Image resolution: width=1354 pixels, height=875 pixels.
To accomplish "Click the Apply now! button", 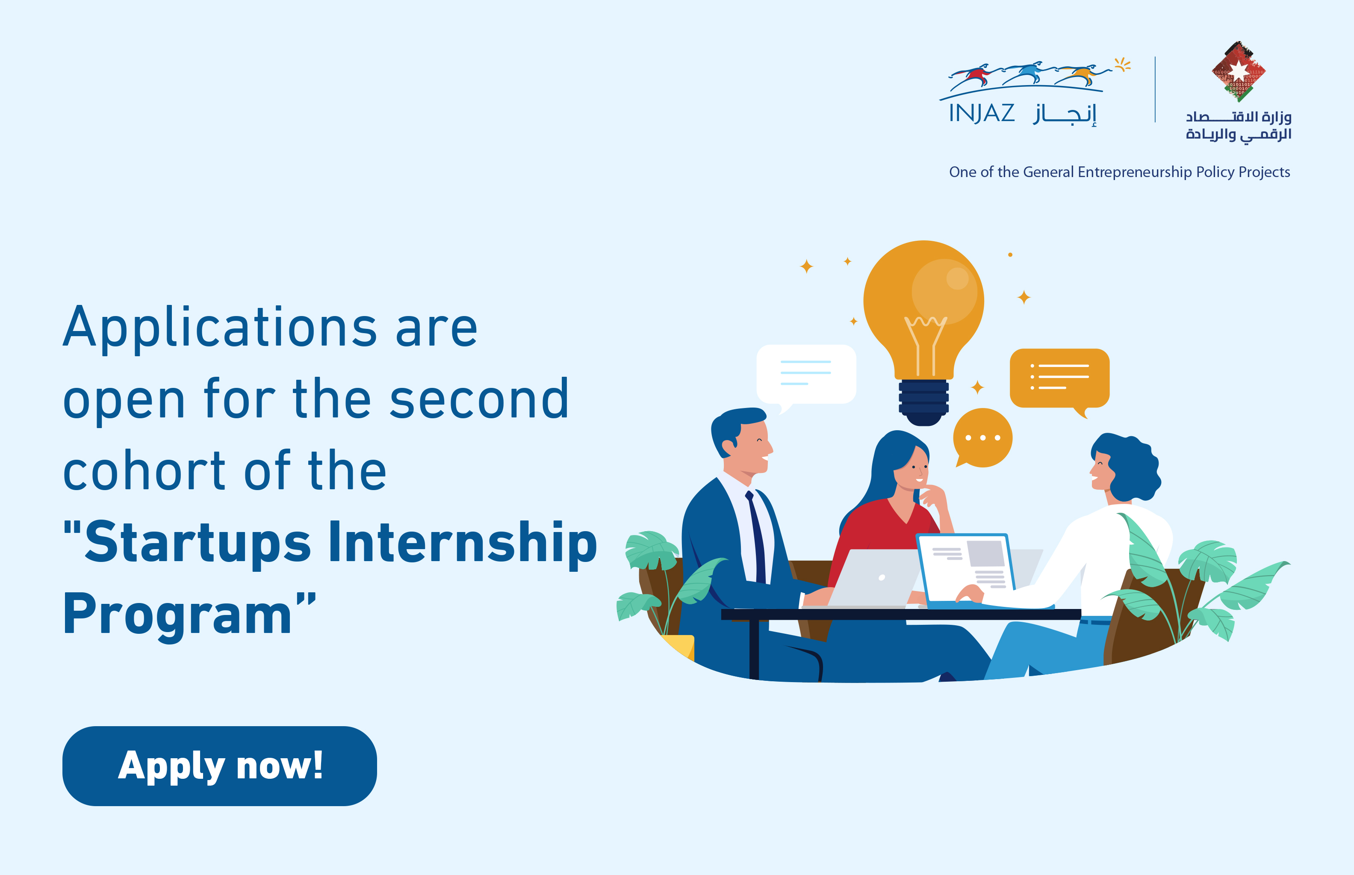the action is (x=219, y=766).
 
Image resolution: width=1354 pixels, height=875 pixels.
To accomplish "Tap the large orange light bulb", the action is (x=923, y=318).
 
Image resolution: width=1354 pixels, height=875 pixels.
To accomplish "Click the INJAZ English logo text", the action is (x=982, y=113).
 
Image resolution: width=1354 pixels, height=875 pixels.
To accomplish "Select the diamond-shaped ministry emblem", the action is (x=1239, y=71).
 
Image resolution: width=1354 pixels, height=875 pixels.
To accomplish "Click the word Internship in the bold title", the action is (x=463, y=543).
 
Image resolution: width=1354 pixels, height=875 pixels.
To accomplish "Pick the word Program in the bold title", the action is (x=177, y=614).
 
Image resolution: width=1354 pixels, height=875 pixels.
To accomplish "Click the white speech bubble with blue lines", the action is (x=806, y=375).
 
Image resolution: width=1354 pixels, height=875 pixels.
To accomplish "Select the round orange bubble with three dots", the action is (x=982, y=438).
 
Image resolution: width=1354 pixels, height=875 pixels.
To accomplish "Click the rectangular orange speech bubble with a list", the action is (x=1059, y=379).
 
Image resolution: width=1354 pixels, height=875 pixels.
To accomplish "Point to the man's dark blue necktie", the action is (x=756, y=537).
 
